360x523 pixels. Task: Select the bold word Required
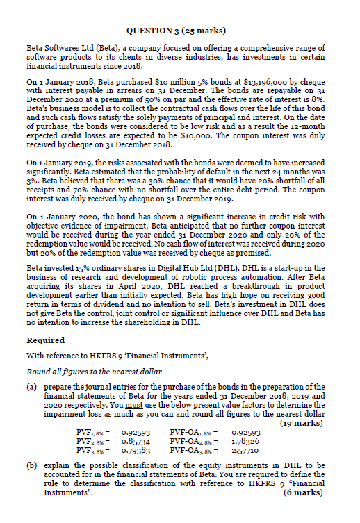(46, 340)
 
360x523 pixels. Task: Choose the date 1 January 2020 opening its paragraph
(62, 216)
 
